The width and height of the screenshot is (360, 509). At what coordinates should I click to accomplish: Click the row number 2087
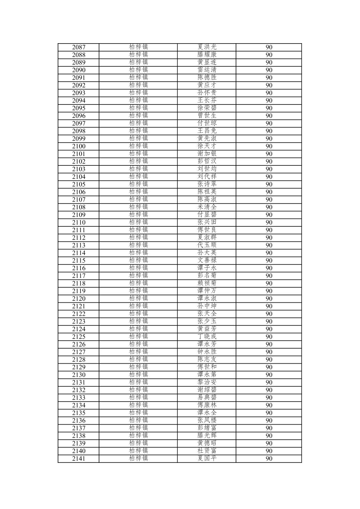click(79, 47)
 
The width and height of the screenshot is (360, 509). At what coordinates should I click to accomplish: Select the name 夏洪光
click(207, 47)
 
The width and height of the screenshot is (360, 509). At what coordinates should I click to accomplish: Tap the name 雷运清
click(207, 70)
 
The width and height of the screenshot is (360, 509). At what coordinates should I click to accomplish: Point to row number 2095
click(79, 108)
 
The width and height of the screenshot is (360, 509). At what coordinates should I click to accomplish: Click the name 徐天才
click(207, 146)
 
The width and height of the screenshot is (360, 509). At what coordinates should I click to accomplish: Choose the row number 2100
click(79, 146)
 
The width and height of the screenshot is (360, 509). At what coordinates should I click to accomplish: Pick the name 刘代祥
click(207, 176)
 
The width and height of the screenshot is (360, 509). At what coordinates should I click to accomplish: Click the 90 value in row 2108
click(269, 207)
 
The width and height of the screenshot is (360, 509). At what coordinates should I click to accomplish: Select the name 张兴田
click(207, 222)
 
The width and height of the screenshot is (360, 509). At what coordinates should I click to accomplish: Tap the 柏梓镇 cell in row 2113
click(138, 245)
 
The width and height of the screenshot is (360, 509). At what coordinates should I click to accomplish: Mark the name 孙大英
click(207, 253)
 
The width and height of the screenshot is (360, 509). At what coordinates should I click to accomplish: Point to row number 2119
click(79, 291)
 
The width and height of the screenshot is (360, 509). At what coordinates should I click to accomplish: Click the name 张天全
click(207, 314)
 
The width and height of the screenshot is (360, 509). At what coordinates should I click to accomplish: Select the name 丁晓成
click(207, 337)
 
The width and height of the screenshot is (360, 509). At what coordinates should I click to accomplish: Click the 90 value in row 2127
click(269, 352)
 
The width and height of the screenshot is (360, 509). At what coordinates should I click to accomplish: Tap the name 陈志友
click(207, 359)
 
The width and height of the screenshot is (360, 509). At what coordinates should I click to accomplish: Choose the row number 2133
click(79, 397)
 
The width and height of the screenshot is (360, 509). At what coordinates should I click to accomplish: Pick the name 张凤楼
click(207, 420)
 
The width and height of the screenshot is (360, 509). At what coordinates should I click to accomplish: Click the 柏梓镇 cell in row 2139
click(138, 443)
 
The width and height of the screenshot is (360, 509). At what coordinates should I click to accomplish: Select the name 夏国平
click(207, 458)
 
